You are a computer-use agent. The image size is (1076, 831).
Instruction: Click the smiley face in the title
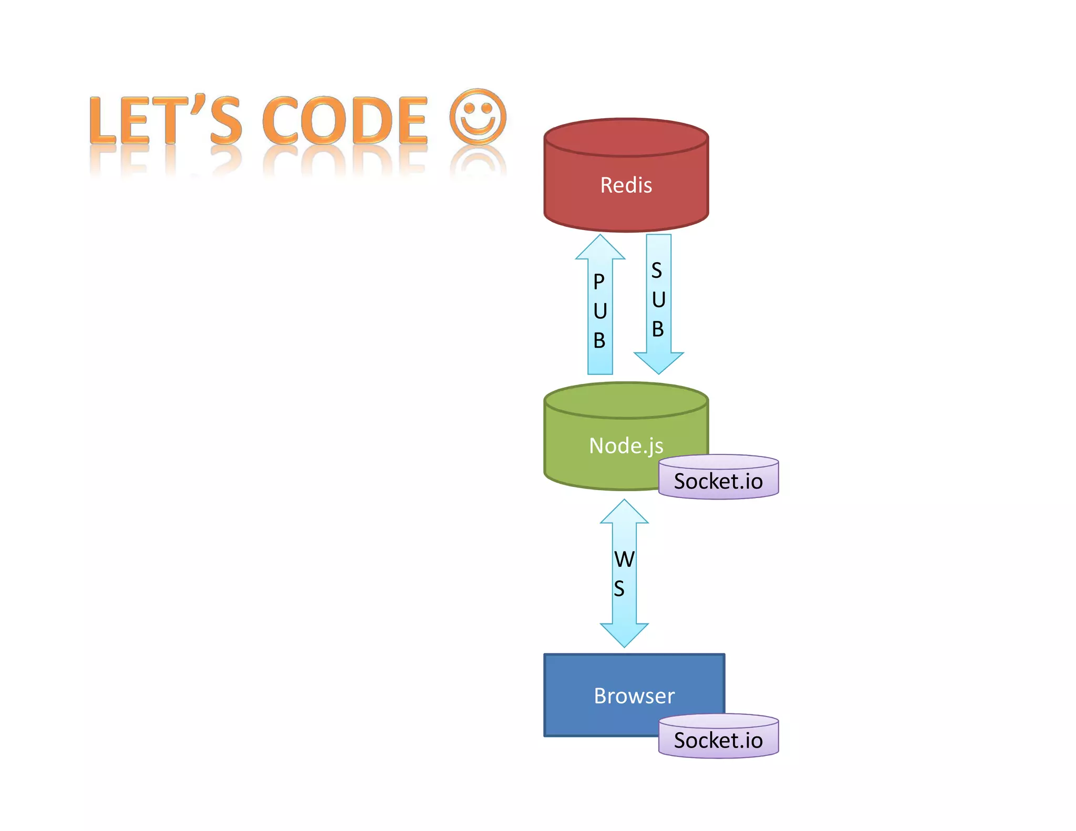click(x=478, y=117)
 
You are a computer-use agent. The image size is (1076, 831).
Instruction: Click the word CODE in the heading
click(x=345, y=121)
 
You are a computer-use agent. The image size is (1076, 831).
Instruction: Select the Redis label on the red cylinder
click(x=626, y=185)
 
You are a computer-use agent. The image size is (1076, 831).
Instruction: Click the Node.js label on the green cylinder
click(x=626, y=446)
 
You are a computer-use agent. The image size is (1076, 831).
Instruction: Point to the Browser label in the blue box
click(x=634, y=695)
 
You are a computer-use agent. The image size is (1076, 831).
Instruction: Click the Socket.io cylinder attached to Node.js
click(x=718, y=481)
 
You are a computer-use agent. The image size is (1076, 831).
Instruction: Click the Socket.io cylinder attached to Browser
click(x=718, y=740)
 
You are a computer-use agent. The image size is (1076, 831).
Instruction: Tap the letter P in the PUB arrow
click(x=599, y=282)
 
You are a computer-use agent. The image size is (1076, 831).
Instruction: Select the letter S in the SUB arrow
click(x=657, y=271)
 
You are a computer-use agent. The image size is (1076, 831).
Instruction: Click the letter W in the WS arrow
click(x=624, y=559)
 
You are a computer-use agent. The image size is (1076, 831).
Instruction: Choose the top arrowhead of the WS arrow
click(x=624, y=513)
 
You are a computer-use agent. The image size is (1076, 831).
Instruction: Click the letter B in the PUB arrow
click(x=599, y=340)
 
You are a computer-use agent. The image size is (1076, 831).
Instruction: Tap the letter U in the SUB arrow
click(x=658, y=300)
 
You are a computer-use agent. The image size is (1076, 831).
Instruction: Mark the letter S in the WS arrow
click(x=619, y=589)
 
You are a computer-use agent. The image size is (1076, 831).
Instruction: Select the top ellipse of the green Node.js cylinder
click(x=626, y=400)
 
